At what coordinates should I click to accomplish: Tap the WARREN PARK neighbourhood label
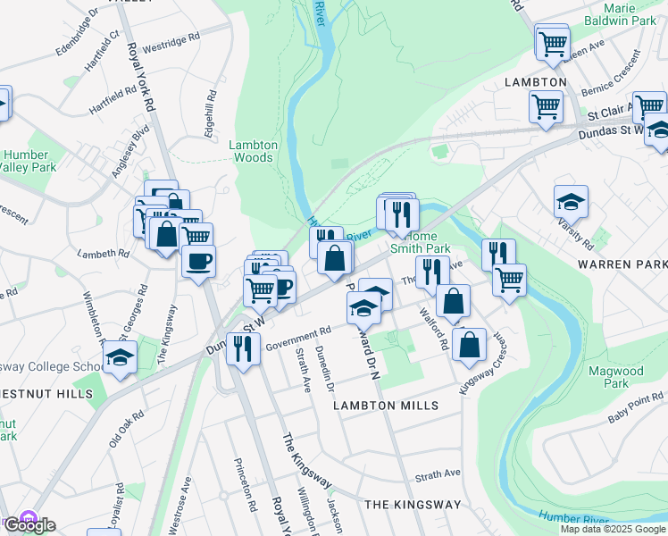click(x=622, y=265)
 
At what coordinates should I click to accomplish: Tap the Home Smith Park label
click(x=420, y=242)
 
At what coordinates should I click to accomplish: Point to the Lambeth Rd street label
click(x=104, y=255)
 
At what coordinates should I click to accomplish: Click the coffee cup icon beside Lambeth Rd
click(x=198, y=262)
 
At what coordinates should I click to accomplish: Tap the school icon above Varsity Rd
click(x=571, y=202)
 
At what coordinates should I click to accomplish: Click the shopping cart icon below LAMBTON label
click(x=545, y=105)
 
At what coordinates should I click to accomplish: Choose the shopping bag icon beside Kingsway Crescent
click(x=469, y=344)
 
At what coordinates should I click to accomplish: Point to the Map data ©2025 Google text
click(x=613, y=528)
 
